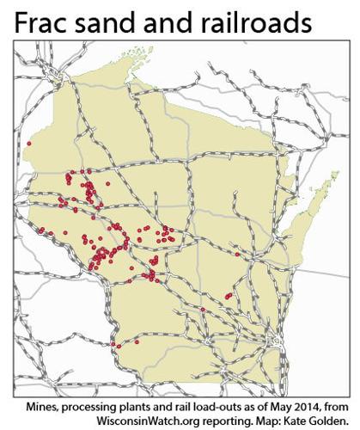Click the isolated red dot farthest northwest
tap(29, 144)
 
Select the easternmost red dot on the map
tap(237, 254)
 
